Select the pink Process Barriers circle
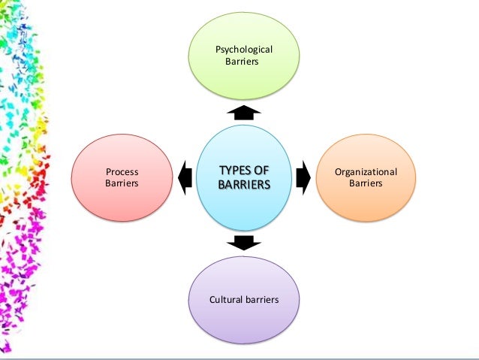(x=122, y=177)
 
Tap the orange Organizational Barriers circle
(x=366, y=177)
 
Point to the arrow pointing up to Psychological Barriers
(x=243, y=112)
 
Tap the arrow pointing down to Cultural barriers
(x=243, y=241)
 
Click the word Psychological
(x=244, y=50)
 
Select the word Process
(x=122, y=171)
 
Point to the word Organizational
(x=366, y=172)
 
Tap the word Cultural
(x=225, y=299)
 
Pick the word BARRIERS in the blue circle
(x=243, y=183)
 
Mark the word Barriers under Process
(x=122, y=183)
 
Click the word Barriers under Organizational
(x=366, y=183)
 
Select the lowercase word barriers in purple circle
(x=261, y=299)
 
